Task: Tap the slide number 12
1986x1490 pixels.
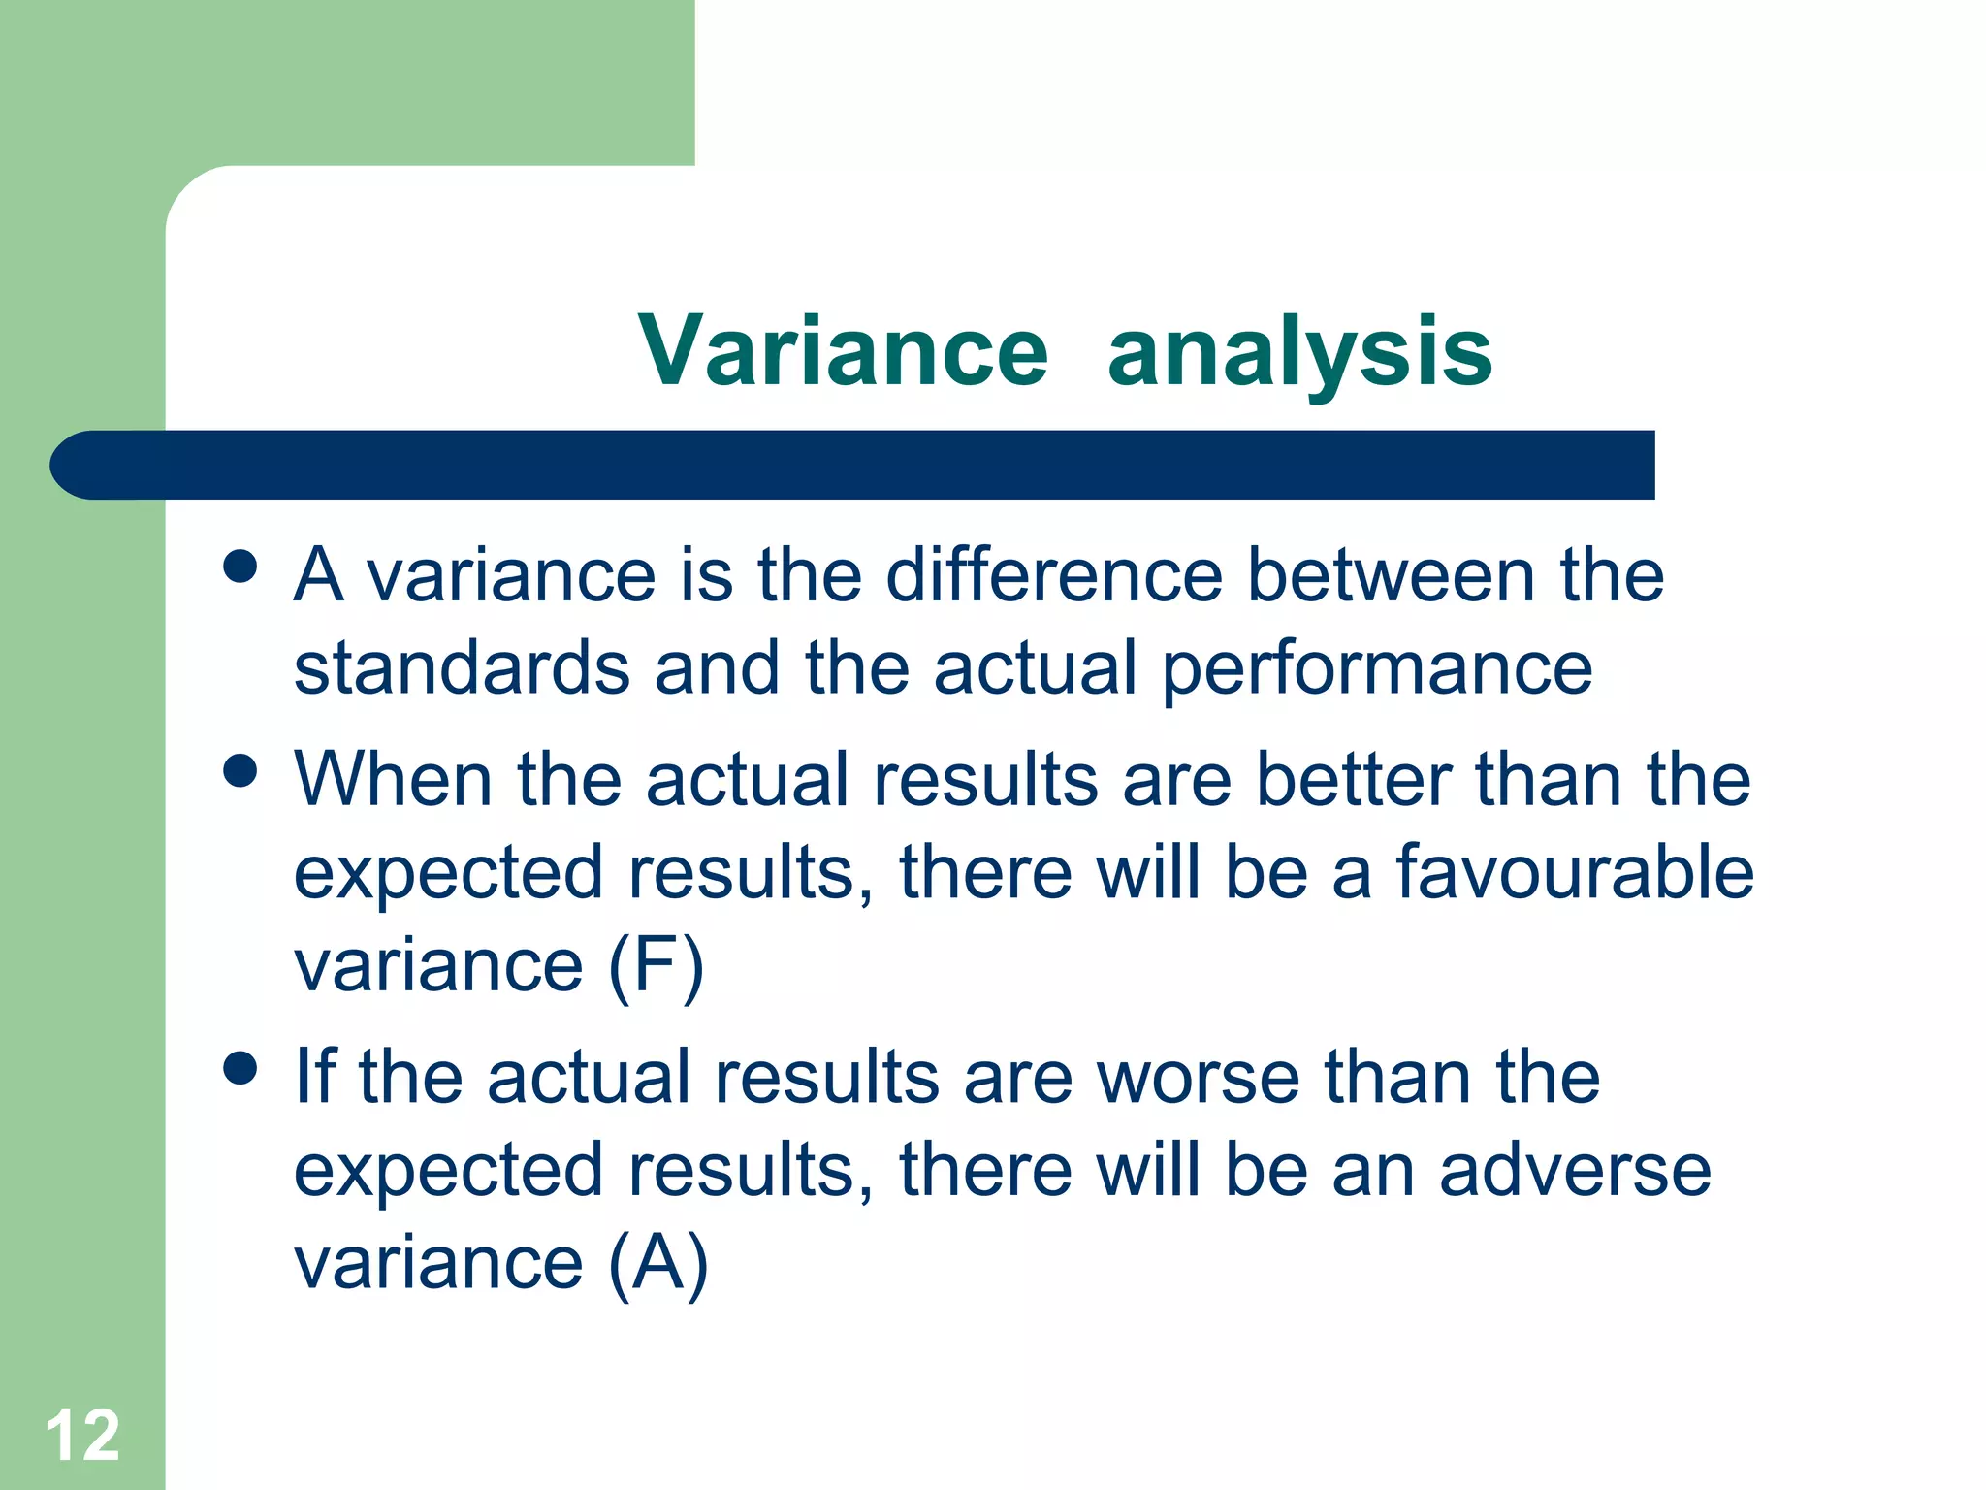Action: pyautogui.click(x=82, y=1435)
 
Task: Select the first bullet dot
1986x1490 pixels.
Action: pyautogui.click(x=240, y=567)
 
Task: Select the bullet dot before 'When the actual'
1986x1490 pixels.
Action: pyautogui.click(x=240, y=771)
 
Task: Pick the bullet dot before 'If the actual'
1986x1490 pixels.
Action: pyautogui.click(x=240, y=1068)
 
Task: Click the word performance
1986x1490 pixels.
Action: pyautogui.click(x=1376, y=669)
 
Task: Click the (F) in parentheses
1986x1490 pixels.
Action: pyautogui.click(x=656, y=966)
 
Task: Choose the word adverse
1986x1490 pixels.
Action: pyautogui.click(x=1575, y=1170)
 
